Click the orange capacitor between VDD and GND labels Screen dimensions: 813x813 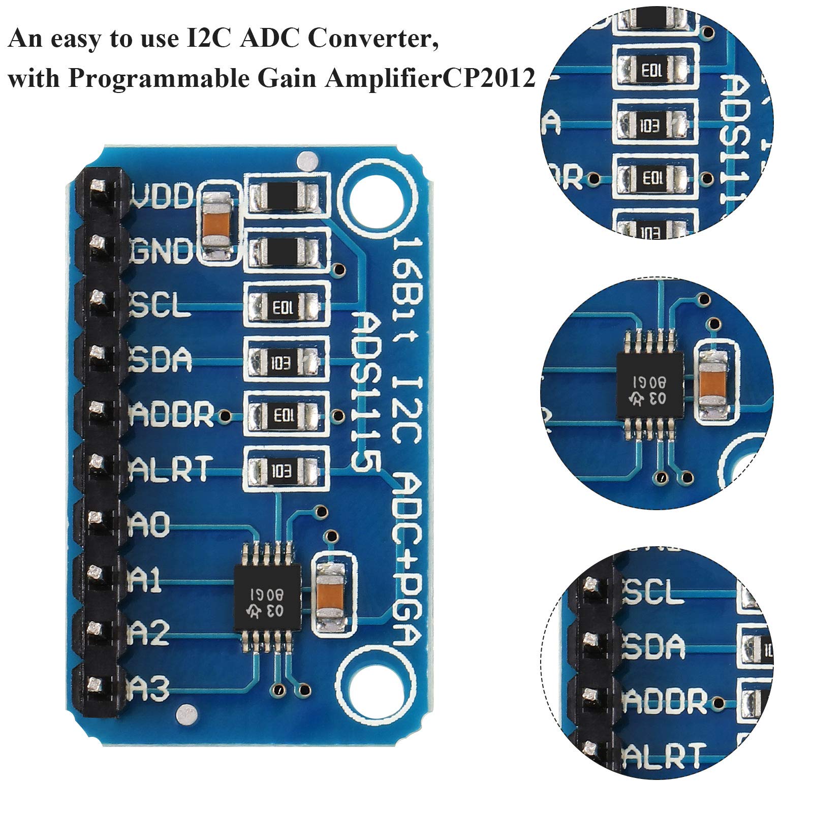216,224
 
